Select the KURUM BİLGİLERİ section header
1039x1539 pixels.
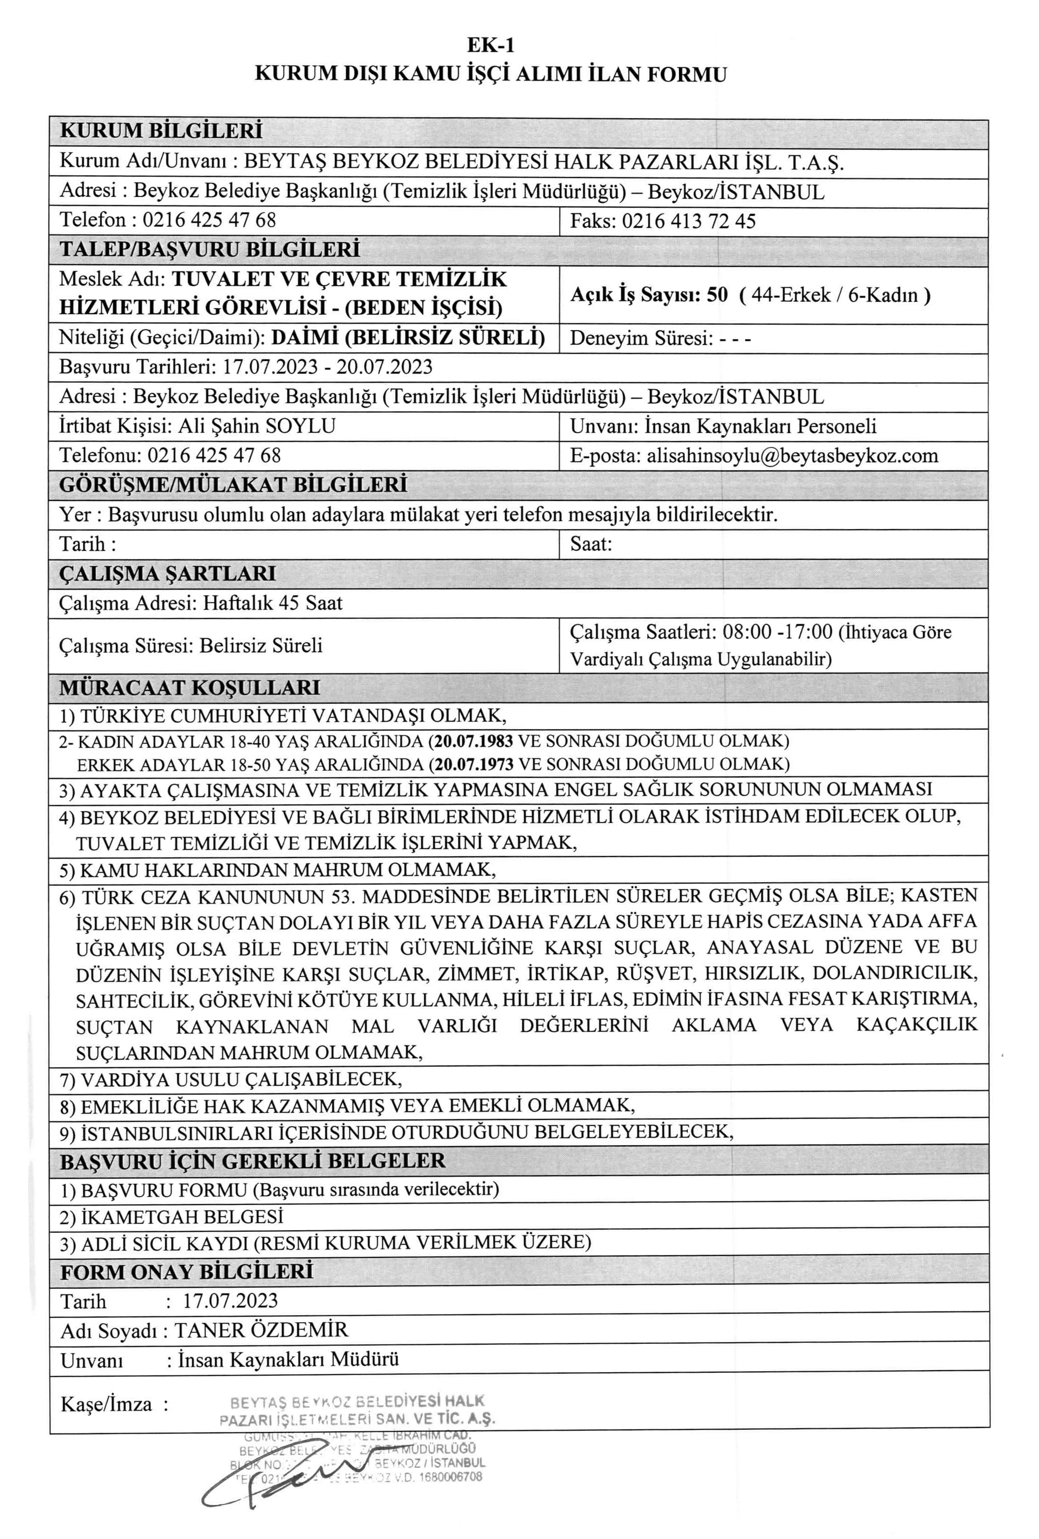tap(161, 130)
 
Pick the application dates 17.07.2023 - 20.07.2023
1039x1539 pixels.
tap(327, 367)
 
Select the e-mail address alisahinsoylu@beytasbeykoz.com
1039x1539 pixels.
tap(792, 456)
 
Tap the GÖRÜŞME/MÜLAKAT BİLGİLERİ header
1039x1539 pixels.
tap(233, 485)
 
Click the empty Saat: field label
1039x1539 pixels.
tap(590, 545)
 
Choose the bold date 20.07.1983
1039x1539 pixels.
tap(474, 741)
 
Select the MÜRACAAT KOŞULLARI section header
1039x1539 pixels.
tap(189, 687)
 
